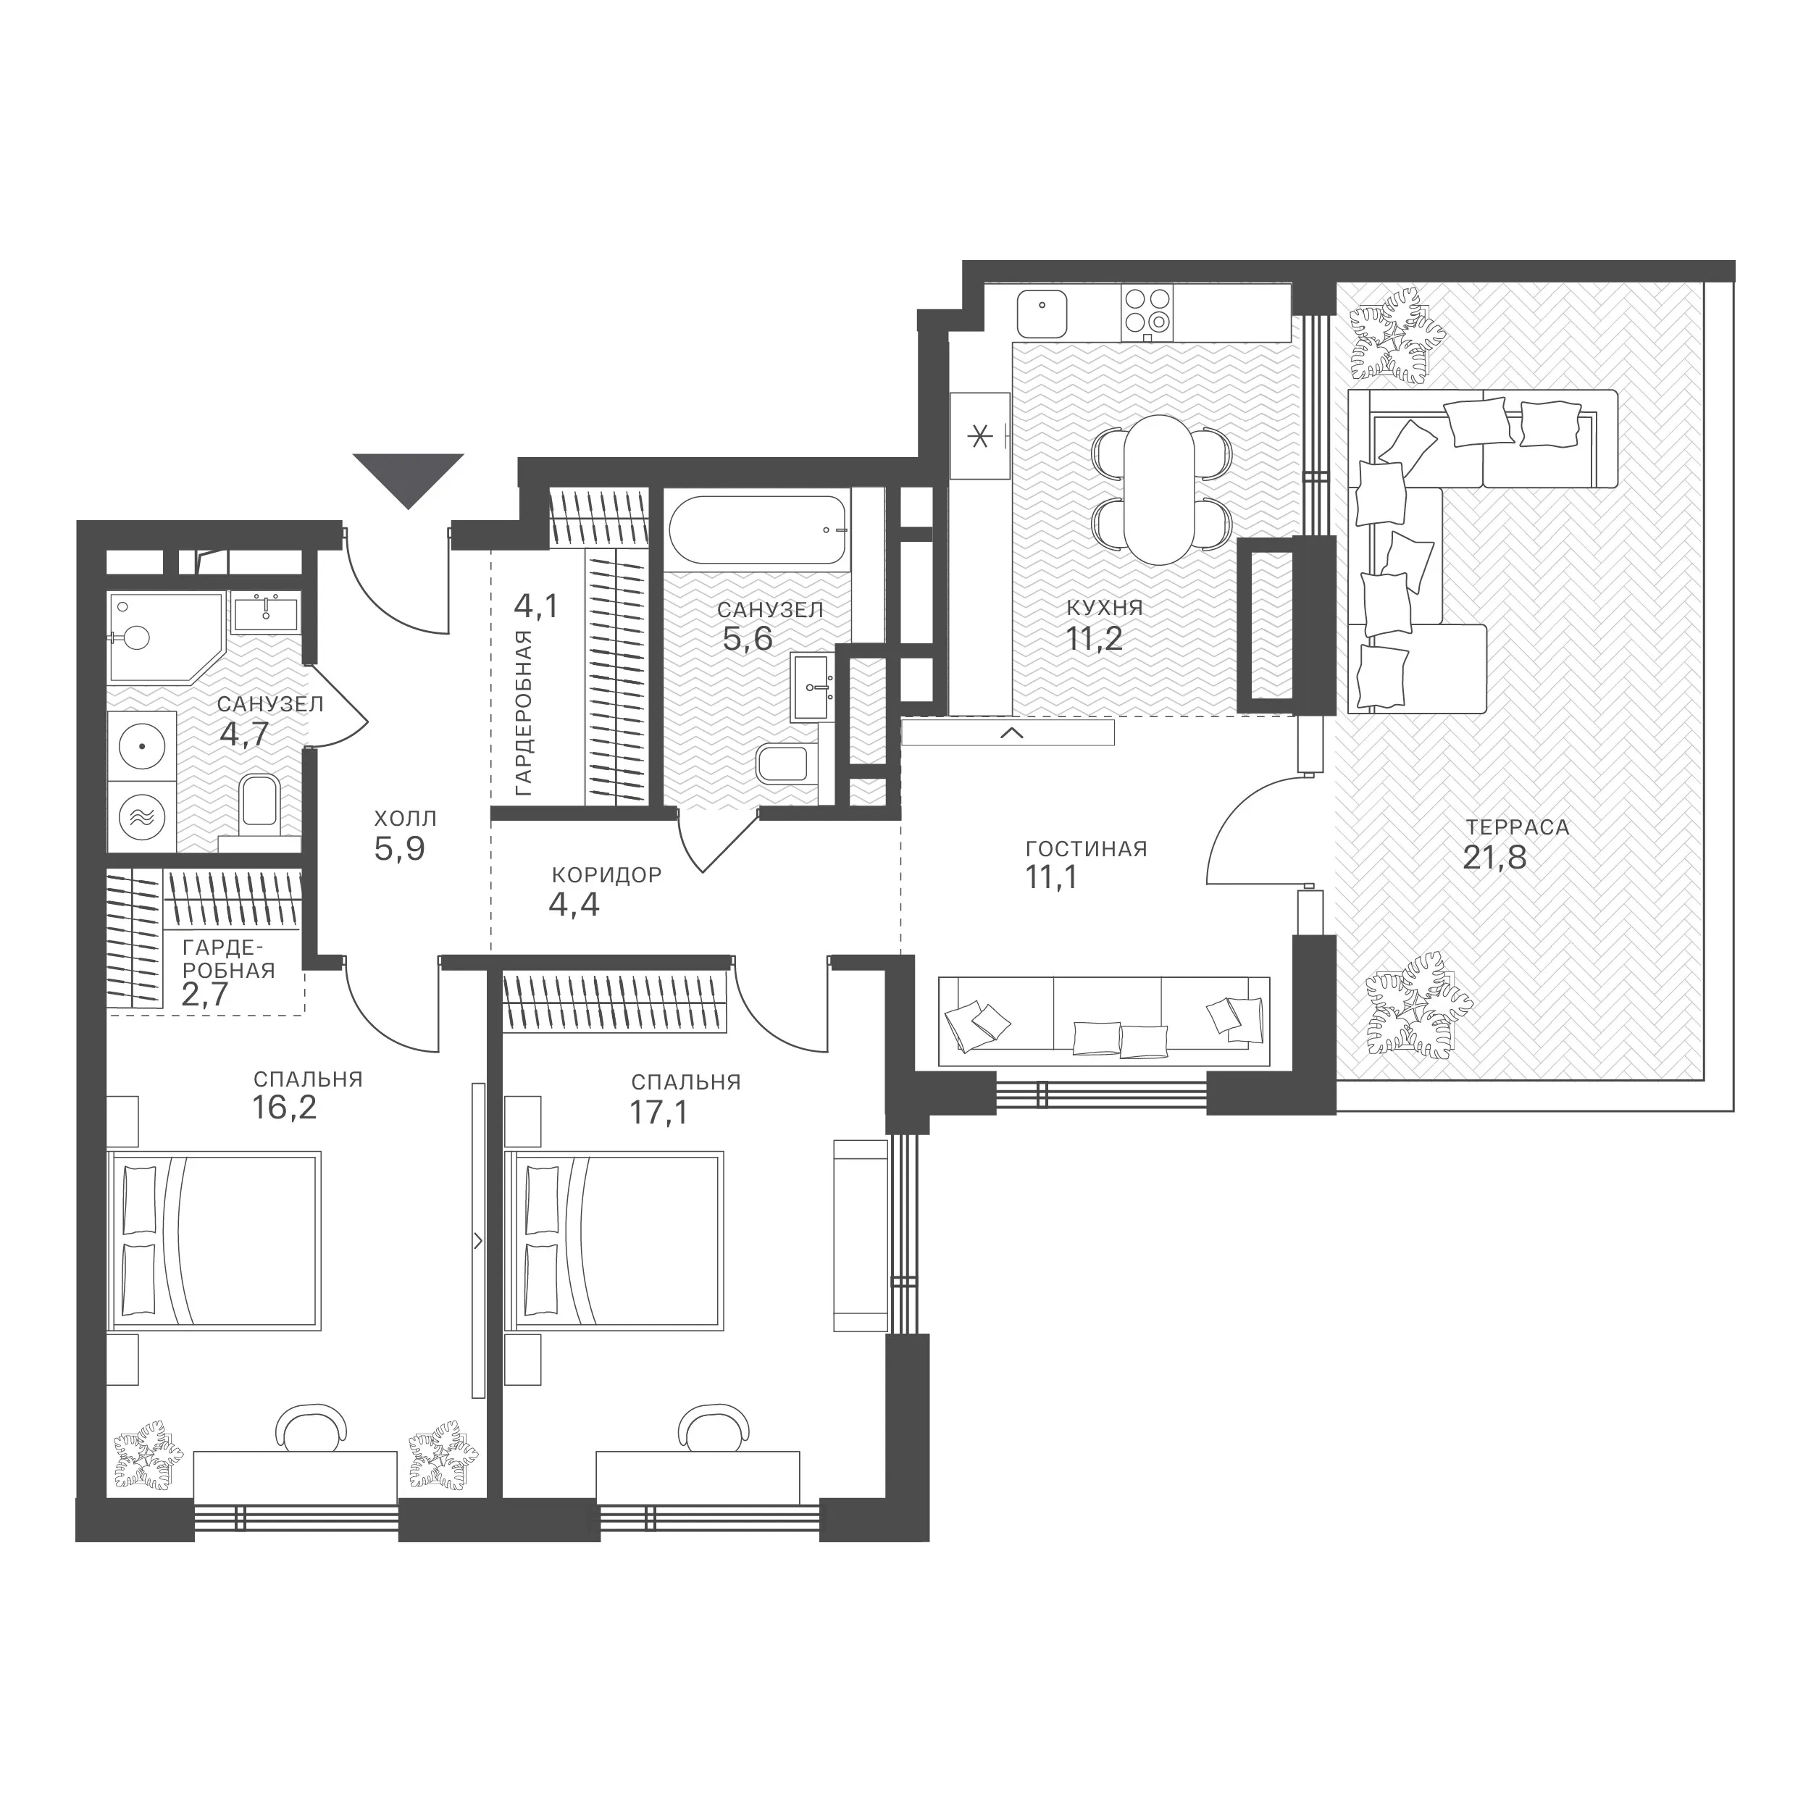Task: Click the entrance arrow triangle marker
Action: (409, 476)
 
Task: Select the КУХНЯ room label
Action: (1104, 608)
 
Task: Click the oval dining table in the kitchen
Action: (1160, 489)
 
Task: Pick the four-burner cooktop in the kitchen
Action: (1147, 312)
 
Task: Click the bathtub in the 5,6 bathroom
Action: (758, 530)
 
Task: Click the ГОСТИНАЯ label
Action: (1087, 849)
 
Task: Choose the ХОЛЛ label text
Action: (406, 819)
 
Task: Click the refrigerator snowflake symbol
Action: (979, 436)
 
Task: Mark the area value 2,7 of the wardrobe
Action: (204, 994)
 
